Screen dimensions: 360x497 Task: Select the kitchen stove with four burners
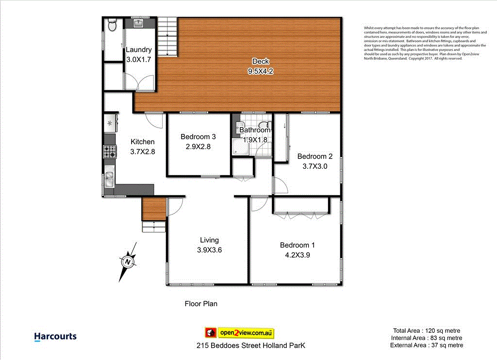pyautogui.click(x=110, y=152)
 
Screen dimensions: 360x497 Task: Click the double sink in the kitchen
pyautogui.click(x=109, y=177)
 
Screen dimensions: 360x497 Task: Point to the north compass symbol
pyautogui.click(x=128, y=262)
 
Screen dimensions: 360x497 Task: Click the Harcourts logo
pyautogui.click(x=55, y=337)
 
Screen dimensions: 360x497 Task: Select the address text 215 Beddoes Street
pyautogui.click(x=251, y=346)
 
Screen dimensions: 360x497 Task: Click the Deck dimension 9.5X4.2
pyautogui.click(x=261, y=70)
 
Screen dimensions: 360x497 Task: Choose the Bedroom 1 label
pyautogui.click(x=297, y=245)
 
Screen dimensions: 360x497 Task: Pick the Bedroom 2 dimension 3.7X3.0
pyautogui.click(x=315, y=165)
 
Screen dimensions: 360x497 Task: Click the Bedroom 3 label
pyautogui.click(x=198, y=136)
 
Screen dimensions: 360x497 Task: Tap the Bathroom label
pyautogui.click(x=255, y=130)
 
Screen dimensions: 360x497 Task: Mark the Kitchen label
pyautogui.click(x=143, y=142)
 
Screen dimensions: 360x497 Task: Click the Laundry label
pyautogui.click(x=139, y=49)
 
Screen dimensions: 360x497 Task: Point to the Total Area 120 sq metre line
pyautogui.click(x=427, y=330)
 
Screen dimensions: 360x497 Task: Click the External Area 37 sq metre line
pyautogui.click(x=427, y=345)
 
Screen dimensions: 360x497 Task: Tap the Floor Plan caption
pyautogui.click(x=201, y=304)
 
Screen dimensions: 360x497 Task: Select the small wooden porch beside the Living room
pyautogui.click(x=153, y=209)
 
